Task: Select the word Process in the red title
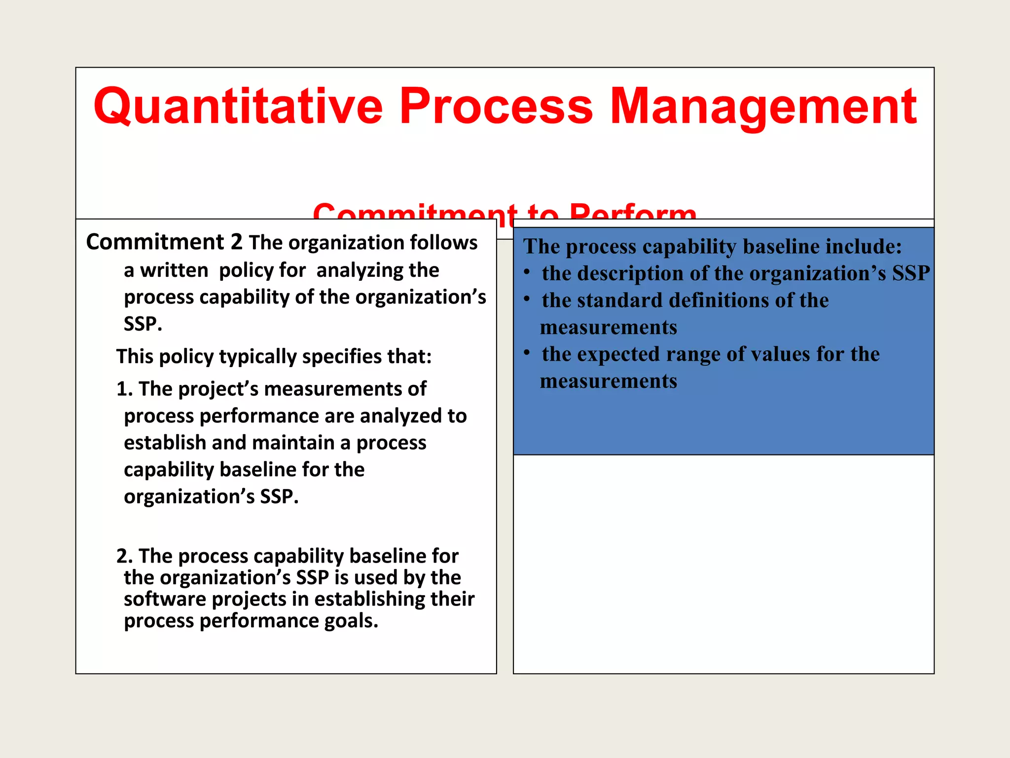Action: (x=496, y=107)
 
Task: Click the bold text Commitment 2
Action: (x=164, y=242)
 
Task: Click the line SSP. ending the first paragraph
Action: (x=143, y=324)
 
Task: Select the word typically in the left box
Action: (x=257, y=356)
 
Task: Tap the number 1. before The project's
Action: (x=125, y=389)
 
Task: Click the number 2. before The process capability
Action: (x=125, y=556)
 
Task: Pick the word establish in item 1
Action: (x=165, y=443)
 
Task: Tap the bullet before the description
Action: (x=527, y=272)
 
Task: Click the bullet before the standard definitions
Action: (x=527, y=299)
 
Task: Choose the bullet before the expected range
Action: (x=527, y=353)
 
